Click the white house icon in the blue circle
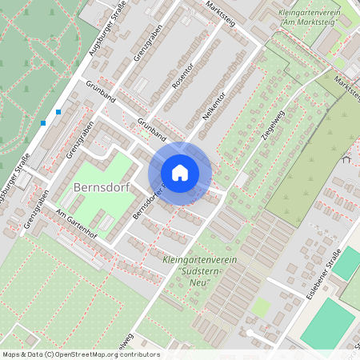point(180,171)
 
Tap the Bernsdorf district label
point(101,188)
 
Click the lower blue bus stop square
point(42,123)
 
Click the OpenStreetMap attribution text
point(80,354)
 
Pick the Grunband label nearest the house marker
point(150,126)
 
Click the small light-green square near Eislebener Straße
point(261,306)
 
